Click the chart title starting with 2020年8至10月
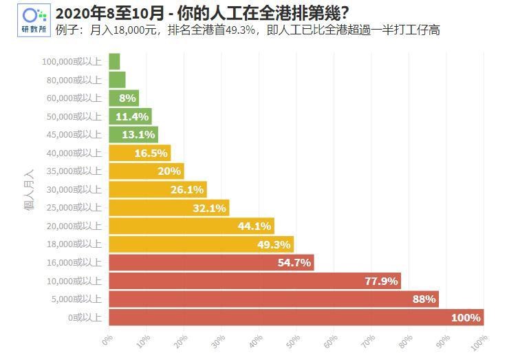tap(202, 12)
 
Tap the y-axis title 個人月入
tap(30, 189)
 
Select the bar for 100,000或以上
tap(114, 61)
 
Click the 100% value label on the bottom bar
tap(465, 317)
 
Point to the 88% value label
tap(424, 299)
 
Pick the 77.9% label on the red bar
tap(381, 281)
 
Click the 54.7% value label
tap(294, 262)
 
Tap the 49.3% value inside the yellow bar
tap(275, 244)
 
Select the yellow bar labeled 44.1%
tap(191, 226)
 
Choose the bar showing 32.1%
tap(169, 208)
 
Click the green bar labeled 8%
tap(124, 98)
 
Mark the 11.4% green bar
tap(130, 116)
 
